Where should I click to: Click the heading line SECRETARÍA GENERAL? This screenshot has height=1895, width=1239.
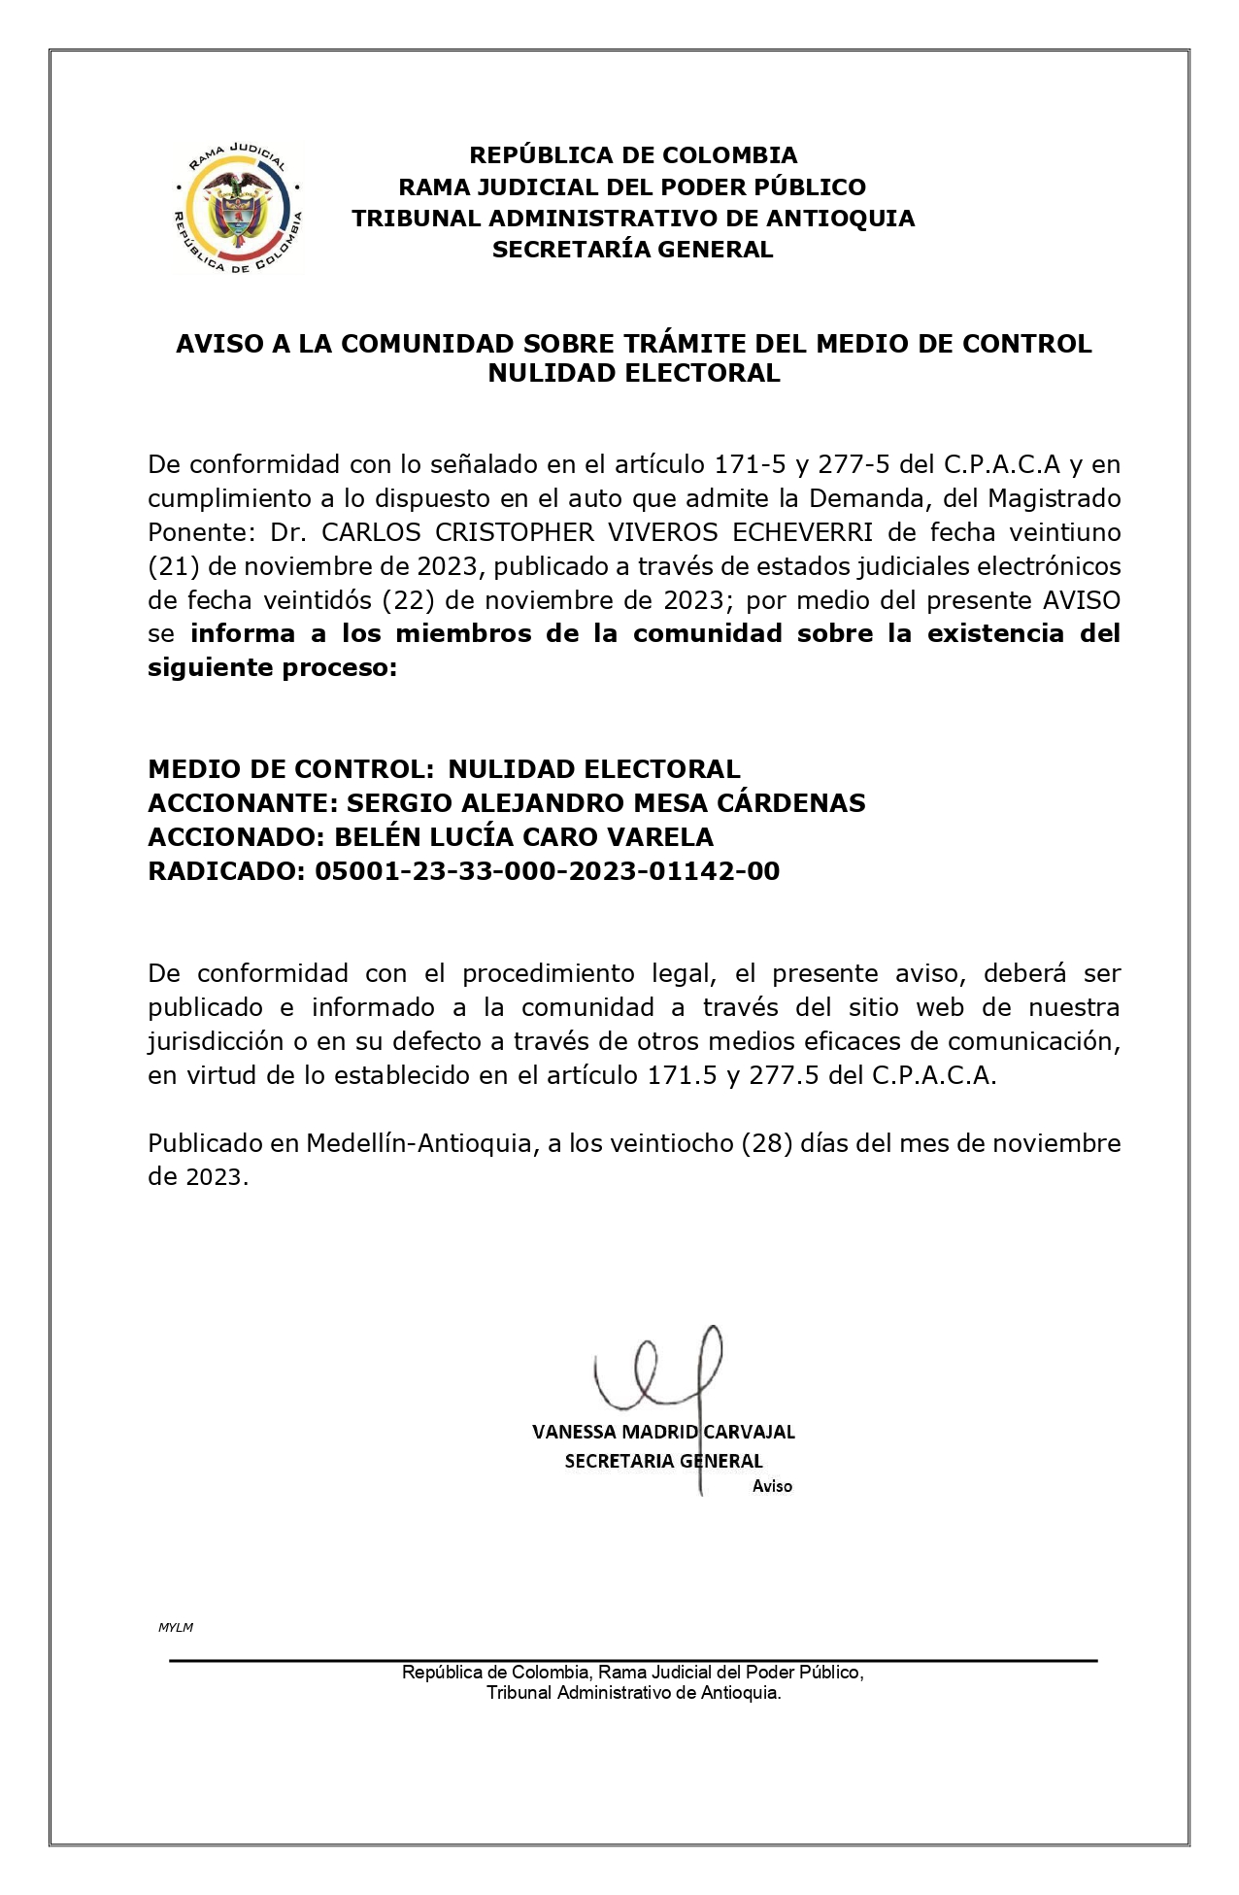[x=632, y=250]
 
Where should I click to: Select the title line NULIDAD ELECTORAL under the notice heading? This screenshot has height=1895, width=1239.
[x=633, y=373]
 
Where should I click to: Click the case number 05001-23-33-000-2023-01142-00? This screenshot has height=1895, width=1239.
[x=547, y=871]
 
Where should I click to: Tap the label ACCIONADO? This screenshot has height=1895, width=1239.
[x=237, y=837]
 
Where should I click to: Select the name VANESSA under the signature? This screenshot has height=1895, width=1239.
[x=573, y=1432]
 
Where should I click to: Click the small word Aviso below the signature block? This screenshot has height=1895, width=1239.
[x=772, y=1486]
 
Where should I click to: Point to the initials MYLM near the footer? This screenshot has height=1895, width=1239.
[x=176, y=1627]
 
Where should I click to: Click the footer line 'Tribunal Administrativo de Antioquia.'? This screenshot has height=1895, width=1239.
[x=633, y=1693]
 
